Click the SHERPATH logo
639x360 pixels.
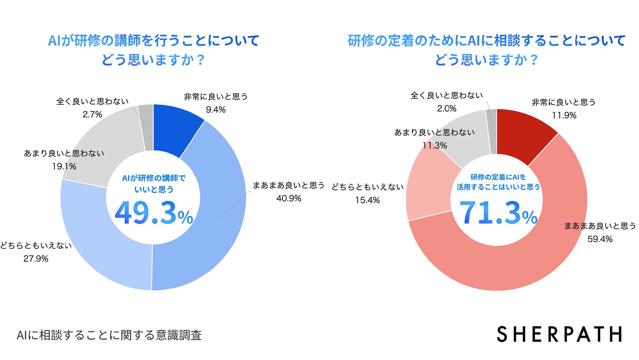point(559,334)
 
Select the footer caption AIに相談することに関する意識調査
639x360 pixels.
point(109,335)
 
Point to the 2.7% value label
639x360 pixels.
point(92,115)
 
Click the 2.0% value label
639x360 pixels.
point(447,109)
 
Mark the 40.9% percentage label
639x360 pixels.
point(289,198)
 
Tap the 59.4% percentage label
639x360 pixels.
point(600,239)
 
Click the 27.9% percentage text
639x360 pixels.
point(36,259)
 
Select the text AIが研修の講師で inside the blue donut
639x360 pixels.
point(154,178)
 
